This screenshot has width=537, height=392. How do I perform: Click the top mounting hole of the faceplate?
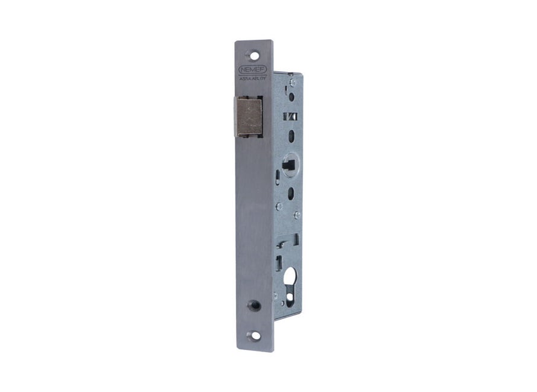tap(255, 55)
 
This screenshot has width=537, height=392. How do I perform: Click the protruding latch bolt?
tap(248, 116)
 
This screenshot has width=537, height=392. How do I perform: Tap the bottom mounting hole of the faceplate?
tap(255, 335)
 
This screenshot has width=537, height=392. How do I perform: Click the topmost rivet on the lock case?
tap(292, 82)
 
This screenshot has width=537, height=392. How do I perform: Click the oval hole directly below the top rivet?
tap(291, 96)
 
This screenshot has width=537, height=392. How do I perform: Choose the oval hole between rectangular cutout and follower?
tap(291, 135)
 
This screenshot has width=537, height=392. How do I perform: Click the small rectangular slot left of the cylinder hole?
tap(279, 262)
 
